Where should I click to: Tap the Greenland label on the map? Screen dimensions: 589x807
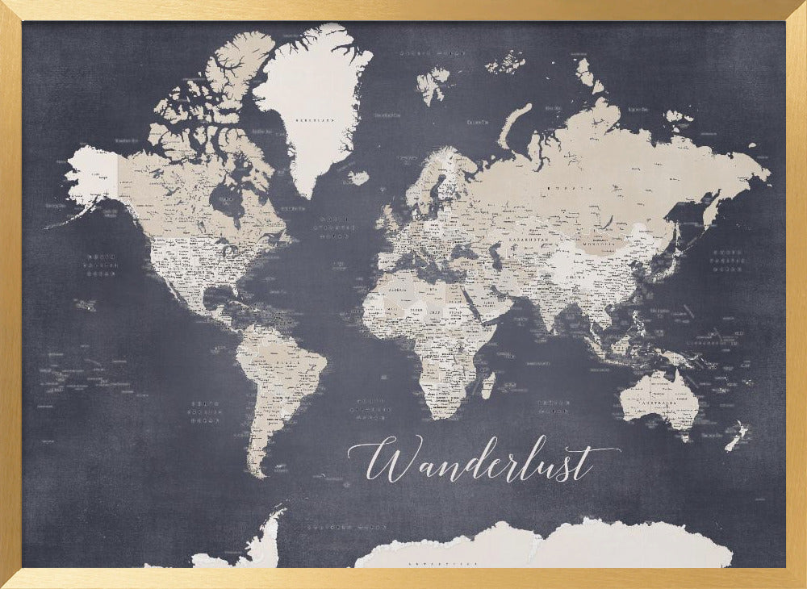click(315, 119)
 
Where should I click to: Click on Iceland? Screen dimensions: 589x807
click(358, 177)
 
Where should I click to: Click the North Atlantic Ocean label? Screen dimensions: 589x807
click(337, 227)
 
